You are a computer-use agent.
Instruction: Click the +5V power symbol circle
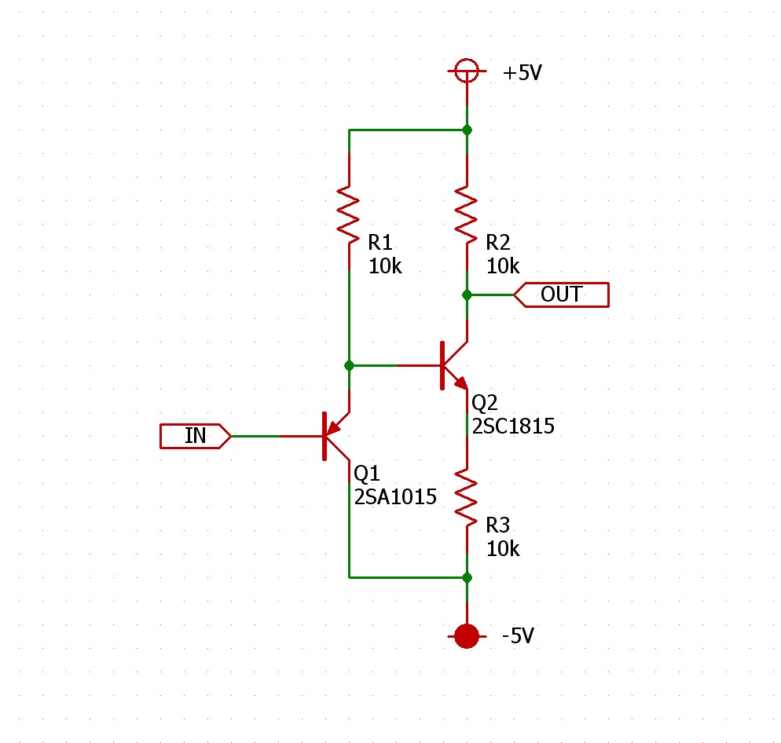467,71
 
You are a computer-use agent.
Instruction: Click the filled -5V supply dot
467,635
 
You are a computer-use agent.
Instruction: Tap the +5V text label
522,74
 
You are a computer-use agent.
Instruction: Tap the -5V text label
519,635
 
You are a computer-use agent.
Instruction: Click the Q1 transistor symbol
334,436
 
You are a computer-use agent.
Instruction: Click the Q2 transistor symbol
452,365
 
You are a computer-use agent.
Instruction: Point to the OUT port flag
561,295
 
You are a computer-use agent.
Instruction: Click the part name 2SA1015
394,496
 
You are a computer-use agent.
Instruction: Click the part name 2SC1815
513,426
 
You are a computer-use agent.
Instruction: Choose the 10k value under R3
503,549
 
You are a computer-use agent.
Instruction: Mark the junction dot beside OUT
467,295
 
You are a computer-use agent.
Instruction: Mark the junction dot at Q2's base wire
349,365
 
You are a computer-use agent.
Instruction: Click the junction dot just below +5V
467,130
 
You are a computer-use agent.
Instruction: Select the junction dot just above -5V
467,577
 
